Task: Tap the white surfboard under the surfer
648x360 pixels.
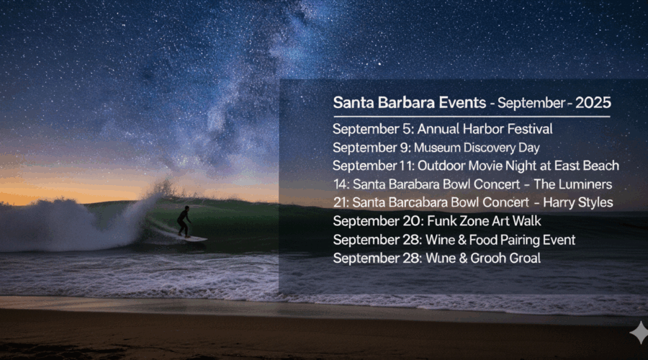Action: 191,238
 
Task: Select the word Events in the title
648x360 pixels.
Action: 459,103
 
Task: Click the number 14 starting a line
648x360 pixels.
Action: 341,184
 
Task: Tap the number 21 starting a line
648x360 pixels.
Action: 341,202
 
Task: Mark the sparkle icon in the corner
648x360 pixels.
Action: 638,333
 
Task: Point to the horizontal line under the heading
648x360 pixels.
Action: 471,117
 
